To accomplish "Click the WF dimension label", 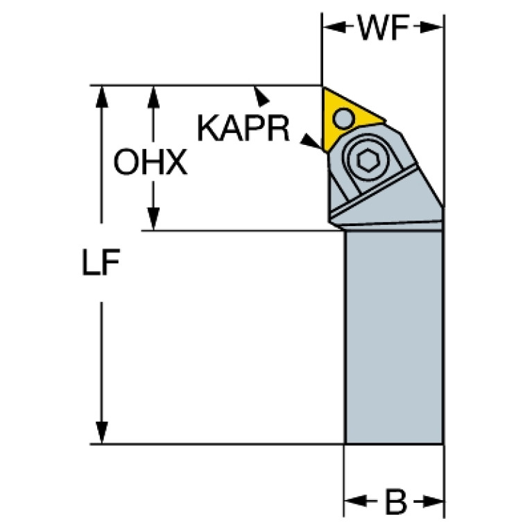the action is pyautogui.click(x=384, y=28).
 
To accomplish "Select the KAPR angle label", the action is pyautogui.click(x=243, y=128).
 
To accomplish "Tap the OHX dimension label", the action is pyautogui.click(x=151, y=162).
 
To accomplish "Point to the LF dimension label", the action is pyautogui.click(x=101, y=261).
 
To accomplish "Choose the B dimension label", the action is pyautogui.click(x=395, y=501).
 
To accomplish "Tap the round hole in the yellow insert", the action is pyautogui.click(x=344, y=118).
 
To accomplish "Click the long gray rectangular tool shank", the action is pyautogui.click(x=393, y=337).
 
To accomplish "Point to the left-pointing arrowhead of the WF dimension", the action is pyautogui.click(x=334, y=27).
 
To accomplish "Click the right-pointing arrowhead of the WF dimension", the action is pyautogui.click(x=431, y=27).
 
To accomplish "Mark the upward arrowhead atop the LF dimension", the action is pyautogui.click(x=101, y=97).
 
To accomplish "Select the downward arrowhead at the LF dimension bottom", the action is pyautogui.click(x=101, y=432).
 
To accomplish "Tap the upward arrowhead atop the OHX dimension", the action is pyautogui.click(x=153, y=97).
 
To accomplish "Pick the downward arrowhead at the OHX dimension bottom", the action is pyautogui.click(x=153, y=219).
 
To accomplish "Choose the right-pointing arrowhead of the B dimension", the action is pyautogui.click(x=432, y=501).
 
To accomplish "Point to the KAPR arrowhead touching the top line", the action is pyautogui.click(x=261, y=96).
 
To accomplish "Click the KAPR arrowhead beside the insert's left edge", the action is pyautogui.click(x=311, y=141).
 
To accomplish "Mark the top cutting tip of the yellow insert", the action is pyautogui.click(x=323, y=87).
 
